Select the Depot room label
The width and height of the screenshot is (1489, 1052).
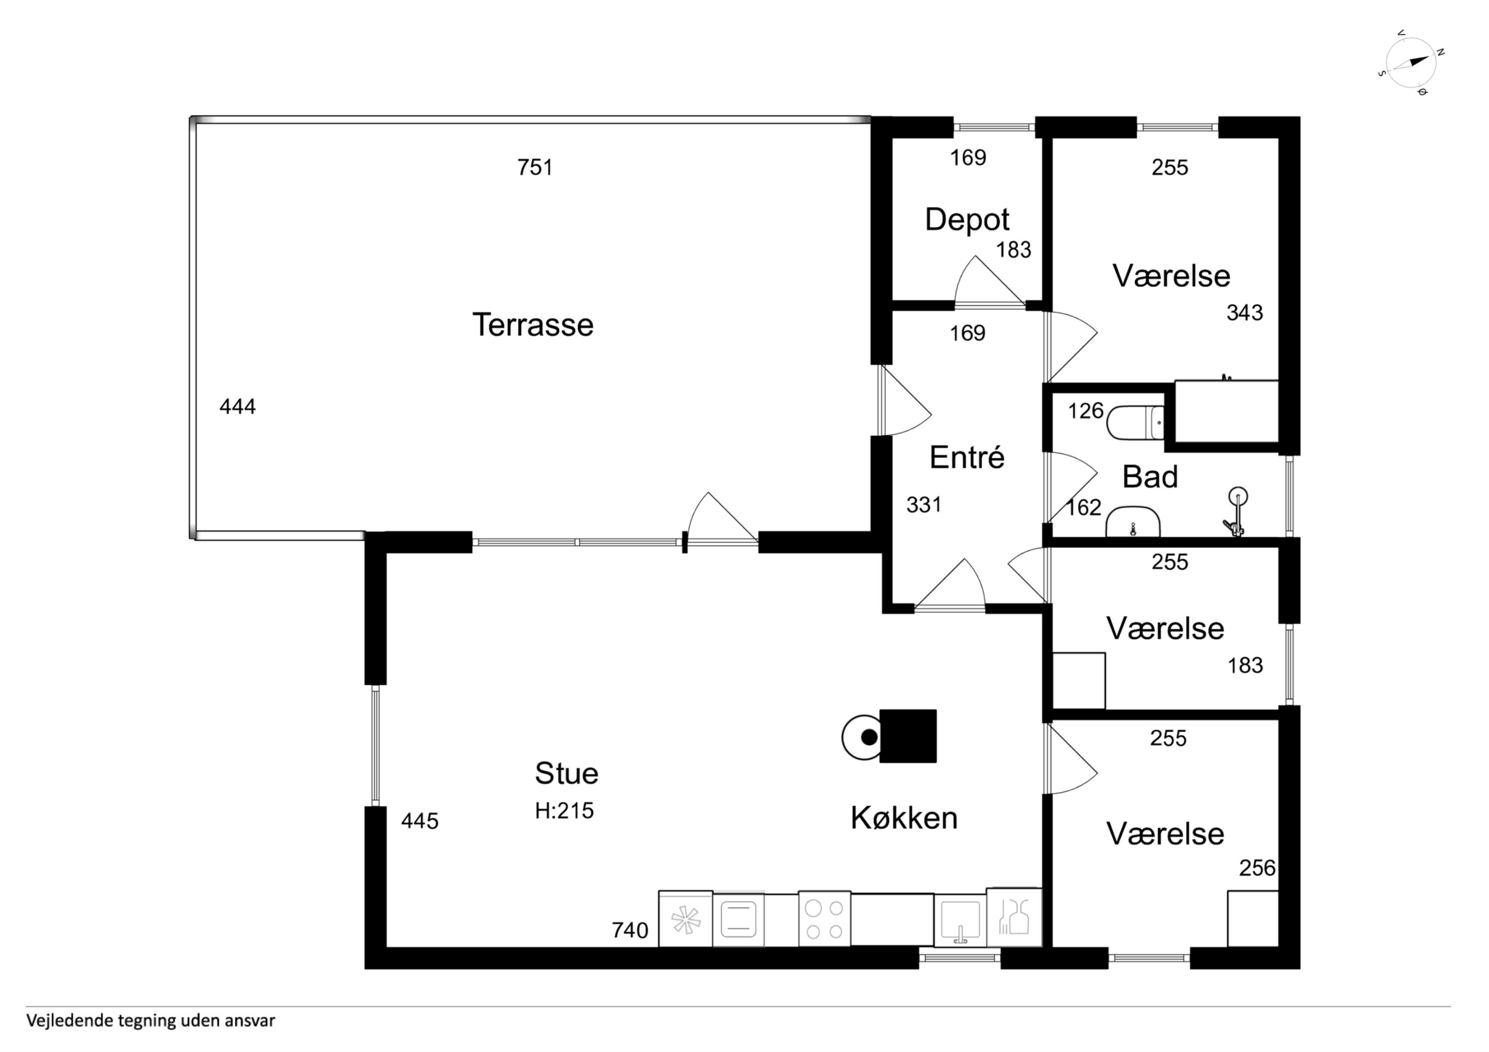(967, 220)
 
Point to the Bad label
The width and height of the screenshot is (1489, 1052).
(1150, 477)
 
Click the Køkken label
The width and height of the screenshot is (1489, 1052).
(904, 818)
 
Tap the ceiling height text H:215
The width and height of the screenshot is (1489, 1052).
(564, 811)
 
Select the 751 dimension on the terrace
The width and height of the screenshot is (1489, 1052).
(535, 167)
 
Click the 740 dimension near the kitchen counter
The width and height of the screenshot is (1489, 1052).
(630, 930)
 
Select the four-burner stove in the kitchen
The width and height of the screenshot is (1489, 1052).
(824, 919)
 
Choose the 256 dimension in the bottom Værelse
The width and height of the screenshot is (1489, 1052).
(1257, 868)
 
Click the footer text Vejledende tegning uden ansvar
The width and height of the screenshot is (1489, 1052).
(151, 1021)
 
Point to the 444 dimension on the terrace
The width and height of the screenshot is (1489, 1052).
(238, 406)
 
